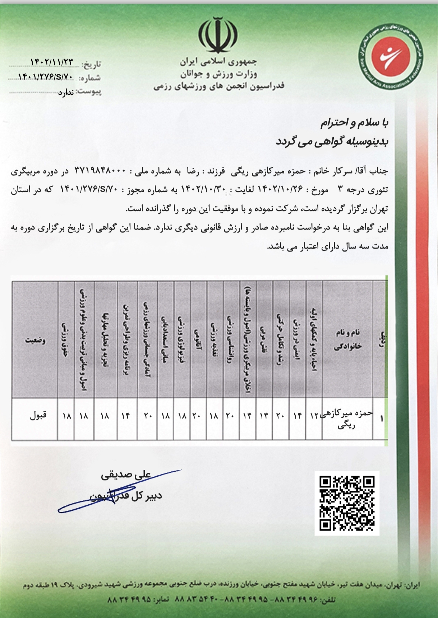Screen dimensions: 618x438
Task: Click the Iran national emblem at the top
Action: tap(217, 35)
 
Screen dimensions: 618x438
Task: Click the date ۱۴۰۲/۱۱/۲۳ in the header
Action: tap(52, 62)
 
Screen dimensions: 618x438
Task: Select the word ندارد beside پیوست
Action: tap(66, 93)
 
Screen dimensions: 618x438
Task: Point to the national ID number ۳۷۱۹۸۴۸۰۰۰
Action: tap(100, 171)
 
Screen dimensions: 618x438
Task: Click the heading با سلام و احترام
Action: tap(354, 123)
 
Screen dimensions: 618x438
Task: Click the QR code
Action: tap(347, 503)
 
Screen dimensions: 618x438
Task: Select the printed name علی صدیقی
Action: tap(126, 475)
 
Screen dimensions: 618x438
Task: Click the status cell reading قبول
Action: tap(38, 416)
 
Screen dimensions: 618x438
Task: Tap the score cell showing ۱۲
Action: tap(314, 416)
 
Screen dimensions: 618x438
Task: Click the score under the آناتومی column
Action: tap(197, 416)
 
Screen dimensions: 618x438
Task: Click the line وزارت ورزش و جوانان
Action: tap(219, 74)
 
